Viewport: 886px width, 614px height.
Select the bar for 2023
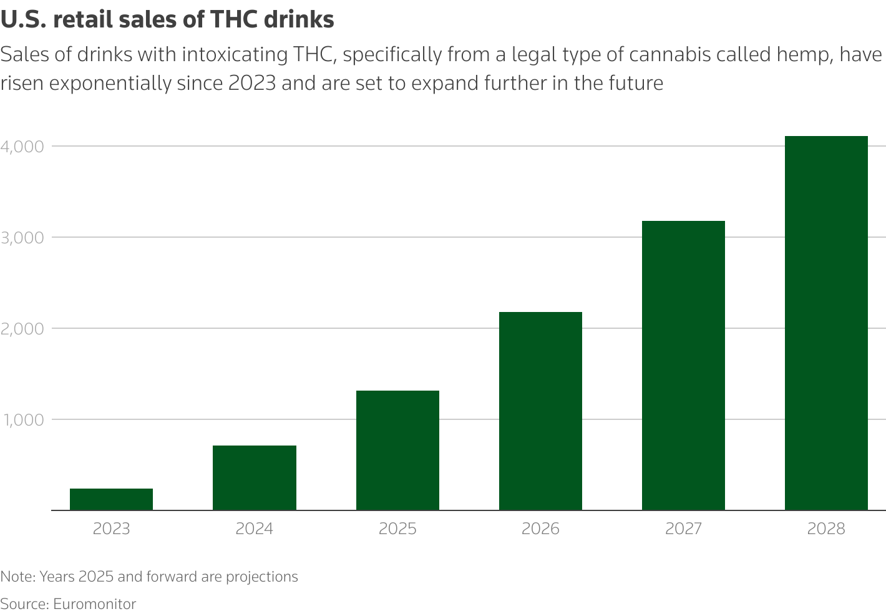111,499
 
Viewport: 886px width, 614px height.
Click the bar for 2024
254,477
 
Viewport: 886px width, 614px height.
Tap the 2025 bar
397,450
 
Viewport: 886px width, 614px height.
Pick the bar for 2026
540,411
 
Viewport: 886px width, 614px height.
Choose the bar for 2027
683,365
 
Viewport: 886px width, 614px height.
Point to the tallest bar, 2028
826,323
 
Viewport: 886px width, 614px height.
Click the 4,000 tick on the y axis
22,147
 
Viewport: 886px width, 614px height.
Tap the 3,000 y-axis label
22,238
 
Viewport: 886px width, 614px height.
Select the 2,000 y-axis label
22,329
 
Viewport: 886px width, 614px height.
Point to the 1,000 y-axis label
22,420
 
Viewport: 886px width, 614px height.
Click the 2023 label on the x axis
111,529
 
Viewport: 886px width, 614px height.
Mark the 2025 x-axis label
397,529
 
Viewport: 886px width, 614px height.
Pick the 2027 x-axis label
683,529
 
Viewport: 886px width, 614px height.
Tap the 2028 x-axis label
826,529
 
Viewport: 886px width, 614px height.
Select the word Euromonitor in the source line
94,604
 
